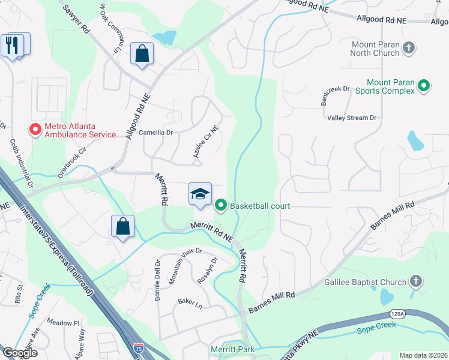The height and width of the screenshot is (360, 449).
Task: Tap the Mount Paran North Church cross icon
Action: (409, 47)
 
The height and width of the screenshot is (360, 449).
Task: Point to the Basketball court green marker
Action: (221, 206)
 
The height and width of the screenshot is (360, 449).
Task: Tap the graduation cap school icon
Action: (200, 194)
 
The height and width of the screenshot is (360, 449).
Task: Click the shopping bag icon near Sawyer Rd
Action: (141, 54)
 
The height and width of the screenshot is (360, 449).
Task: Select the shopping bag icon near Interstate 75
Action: (122, 227)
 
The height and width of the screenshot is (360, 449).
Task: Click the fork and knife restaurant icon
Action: (11, 44)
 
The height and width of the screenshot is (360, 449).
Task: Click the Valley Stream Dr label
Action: (352, 118)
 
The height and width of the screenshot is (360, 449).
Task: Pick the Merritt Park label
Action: (232, 349)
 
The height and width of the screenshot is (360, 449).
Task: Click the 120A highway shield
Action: (397, 313)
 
